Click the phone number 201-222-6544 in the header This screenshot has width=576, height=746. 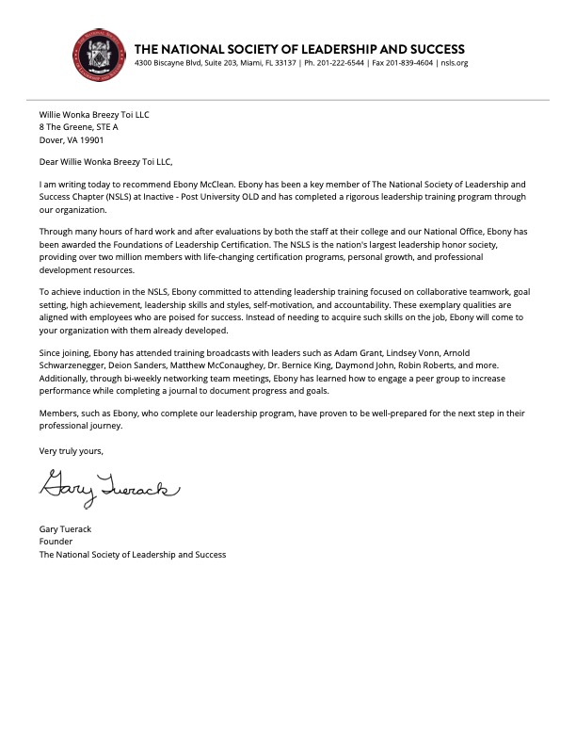click(349, 63)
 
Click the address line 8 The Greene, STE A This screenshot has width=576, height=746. click(79, 126)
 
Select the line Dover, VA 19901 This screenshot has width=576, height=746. click(72, 139)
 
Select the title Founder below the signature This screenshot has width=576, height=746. click(56, 542)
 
